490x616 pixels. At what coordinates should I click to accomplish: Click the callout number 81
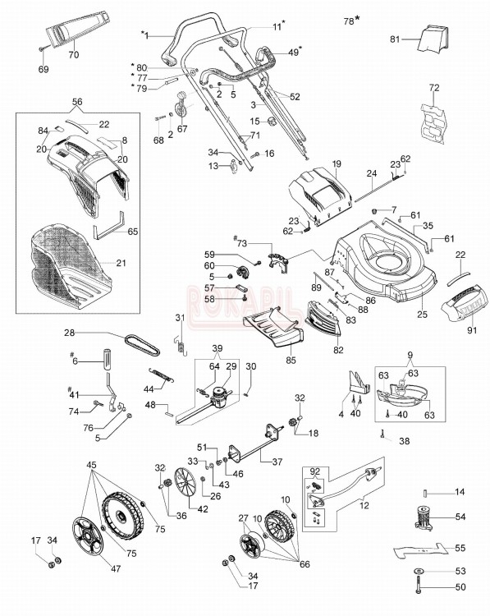point(393,39)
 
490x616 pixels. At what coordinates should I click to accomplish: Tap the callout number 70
point(73,55)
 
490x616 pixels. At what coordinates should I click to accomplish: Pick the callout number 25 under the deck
point(422,315)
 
